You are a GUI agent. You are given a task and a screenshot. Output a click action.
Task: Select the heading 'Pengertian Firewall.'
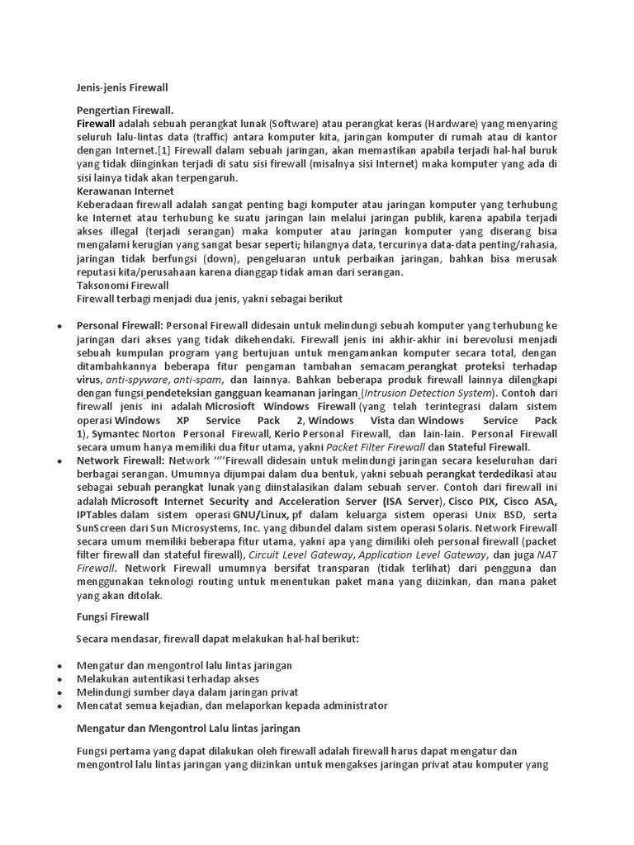pyautogui.click(x=125, y=110)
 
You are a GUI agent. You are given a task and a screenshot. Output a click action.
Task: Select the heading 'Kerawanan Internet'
pyautogui.click(x=125, y=191)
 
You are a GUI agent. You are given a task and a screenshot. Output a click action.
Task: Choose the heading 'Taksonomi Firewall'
pyautogui.click(x=122, y=285)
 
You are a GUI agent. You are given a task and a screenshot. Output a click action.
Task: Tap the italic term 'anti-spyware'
pyautogui.click(x=138, y=380)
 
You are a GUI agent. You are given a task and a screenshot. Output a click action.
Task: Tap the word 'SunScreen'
pyautogui.click(x=104, y=528)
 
